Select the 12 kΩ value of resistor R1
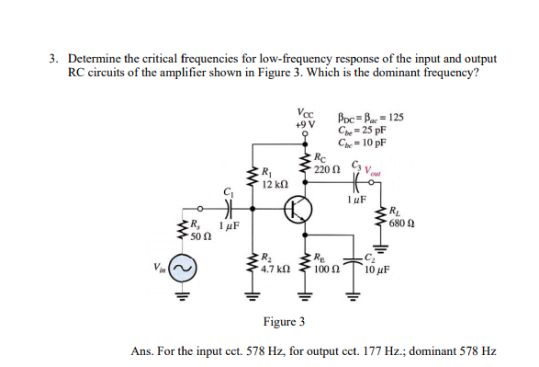[275, 184]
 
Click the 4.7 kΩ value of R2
[276, 269]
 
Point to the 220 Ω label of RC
[327, 170]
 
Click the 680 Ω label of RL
[404, 224]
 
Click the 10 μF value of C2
[378, 270]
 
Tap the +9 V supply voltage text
[305, 123]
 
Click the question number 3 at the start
[53, 58]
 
